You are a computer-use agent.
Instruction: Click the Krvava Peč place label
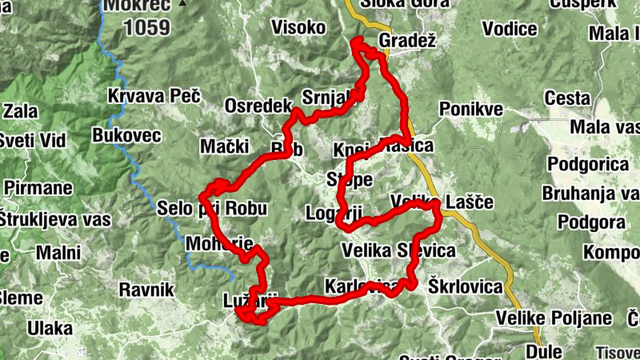click(x=159, y=97)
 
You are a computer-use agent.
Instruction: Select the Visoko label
click(x=298, y=28)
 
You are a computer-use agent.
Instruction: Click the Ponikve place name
click(x=470, y=109)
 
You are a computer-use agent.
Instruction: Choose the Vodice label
click(x=510, y=29)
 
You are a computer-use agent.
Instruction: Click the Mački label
click(x=224, y=146)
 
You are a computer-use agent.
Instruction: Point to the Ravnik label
click(x=146, y=290)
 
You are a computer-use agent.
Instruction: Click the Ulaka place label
click(x=50, y=328)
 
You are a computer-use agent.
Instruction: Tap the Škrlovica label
click(x=465, y=286)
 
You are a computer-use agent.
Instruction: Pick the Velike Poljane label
click(x=554, y=318)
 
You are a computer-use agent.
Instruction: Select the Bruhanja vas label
click(x=590, y=193)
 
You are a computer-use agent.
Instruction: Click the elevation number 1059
click(x=146, y=28)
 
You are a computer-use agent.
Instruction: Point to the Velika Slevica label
click(x=398, y=250)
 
